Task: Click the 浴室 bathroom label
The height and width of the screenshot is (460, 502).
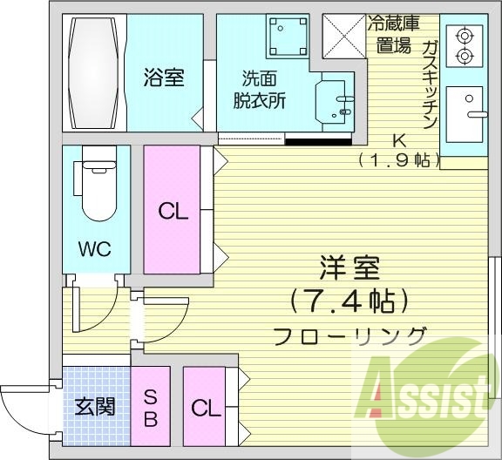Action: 163,78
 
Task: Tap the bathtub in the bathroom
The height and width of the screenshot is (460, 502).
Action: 94,72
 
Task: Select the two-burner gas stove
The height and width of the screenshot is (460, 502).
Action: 464,46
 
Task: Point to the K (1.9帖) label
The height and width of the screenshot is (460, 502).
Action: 399,150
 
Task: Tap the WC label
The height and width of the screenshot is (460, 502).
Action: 95,250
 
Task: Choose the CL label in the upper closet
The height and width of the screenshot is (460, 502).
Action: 172,212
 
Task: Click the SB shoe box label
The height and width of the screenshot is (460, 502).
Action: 150,407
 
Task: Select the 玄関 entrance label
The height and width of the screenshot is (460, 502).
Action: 95,408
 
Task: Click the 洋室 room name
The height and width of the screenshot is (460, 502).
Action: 349,266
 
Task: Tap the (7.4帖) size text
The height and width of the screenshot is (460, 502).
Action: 349,302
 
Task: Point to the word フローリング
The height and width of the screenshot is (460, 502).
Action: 349,335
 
